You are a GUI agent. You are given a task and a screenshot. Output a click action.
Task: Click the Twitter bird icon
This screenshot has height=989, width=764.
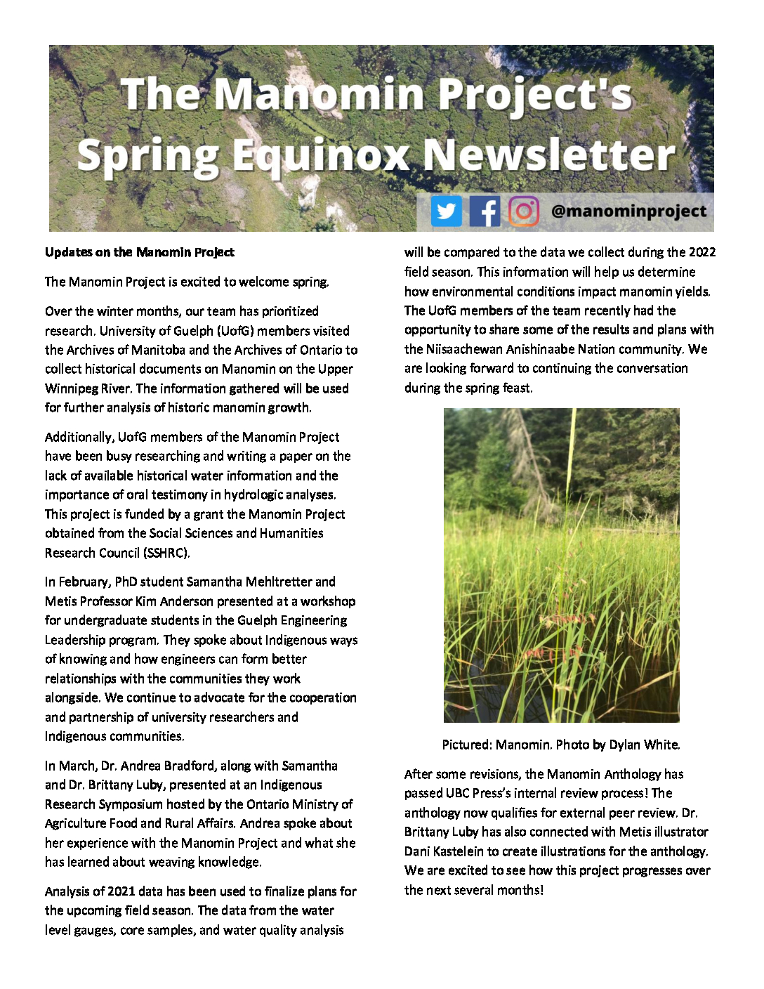[x=446, y=211]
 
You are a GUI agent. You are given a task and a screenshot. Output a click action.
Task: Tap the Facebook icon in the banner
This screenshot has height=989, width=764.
[x=485, y=211]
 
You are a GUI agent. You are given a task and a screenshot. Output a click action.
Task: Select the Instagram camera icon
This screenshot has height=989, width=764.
[x=523, y=211]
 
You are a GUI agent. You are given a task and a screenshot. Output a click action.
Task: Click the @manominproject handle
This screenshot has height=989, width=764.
[x=628, y=211]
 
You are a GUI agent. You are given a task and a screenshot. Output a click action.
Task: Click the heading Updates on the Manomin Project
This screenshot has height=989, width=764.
[x=140, y=252]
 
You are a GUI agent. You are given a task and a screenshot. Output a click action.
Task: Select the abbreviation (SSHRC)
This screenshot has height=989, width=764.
[x=166, y=553]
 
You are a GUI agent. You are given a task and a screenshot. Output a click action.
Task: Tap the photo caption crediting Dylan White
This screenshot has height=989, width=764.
[x=561, y=745]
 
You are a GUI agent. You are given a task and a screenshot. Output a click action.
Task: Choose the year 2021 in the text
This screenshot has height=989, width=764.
[x=121, y=891]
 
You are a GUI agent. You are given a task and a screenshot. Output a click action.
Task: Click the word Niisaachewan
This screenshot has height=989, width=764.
[x=464, y=349]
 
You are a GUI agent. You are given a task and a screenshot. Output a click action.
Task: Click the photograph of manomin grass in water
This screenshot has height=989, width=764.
[x=561, y=565]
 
